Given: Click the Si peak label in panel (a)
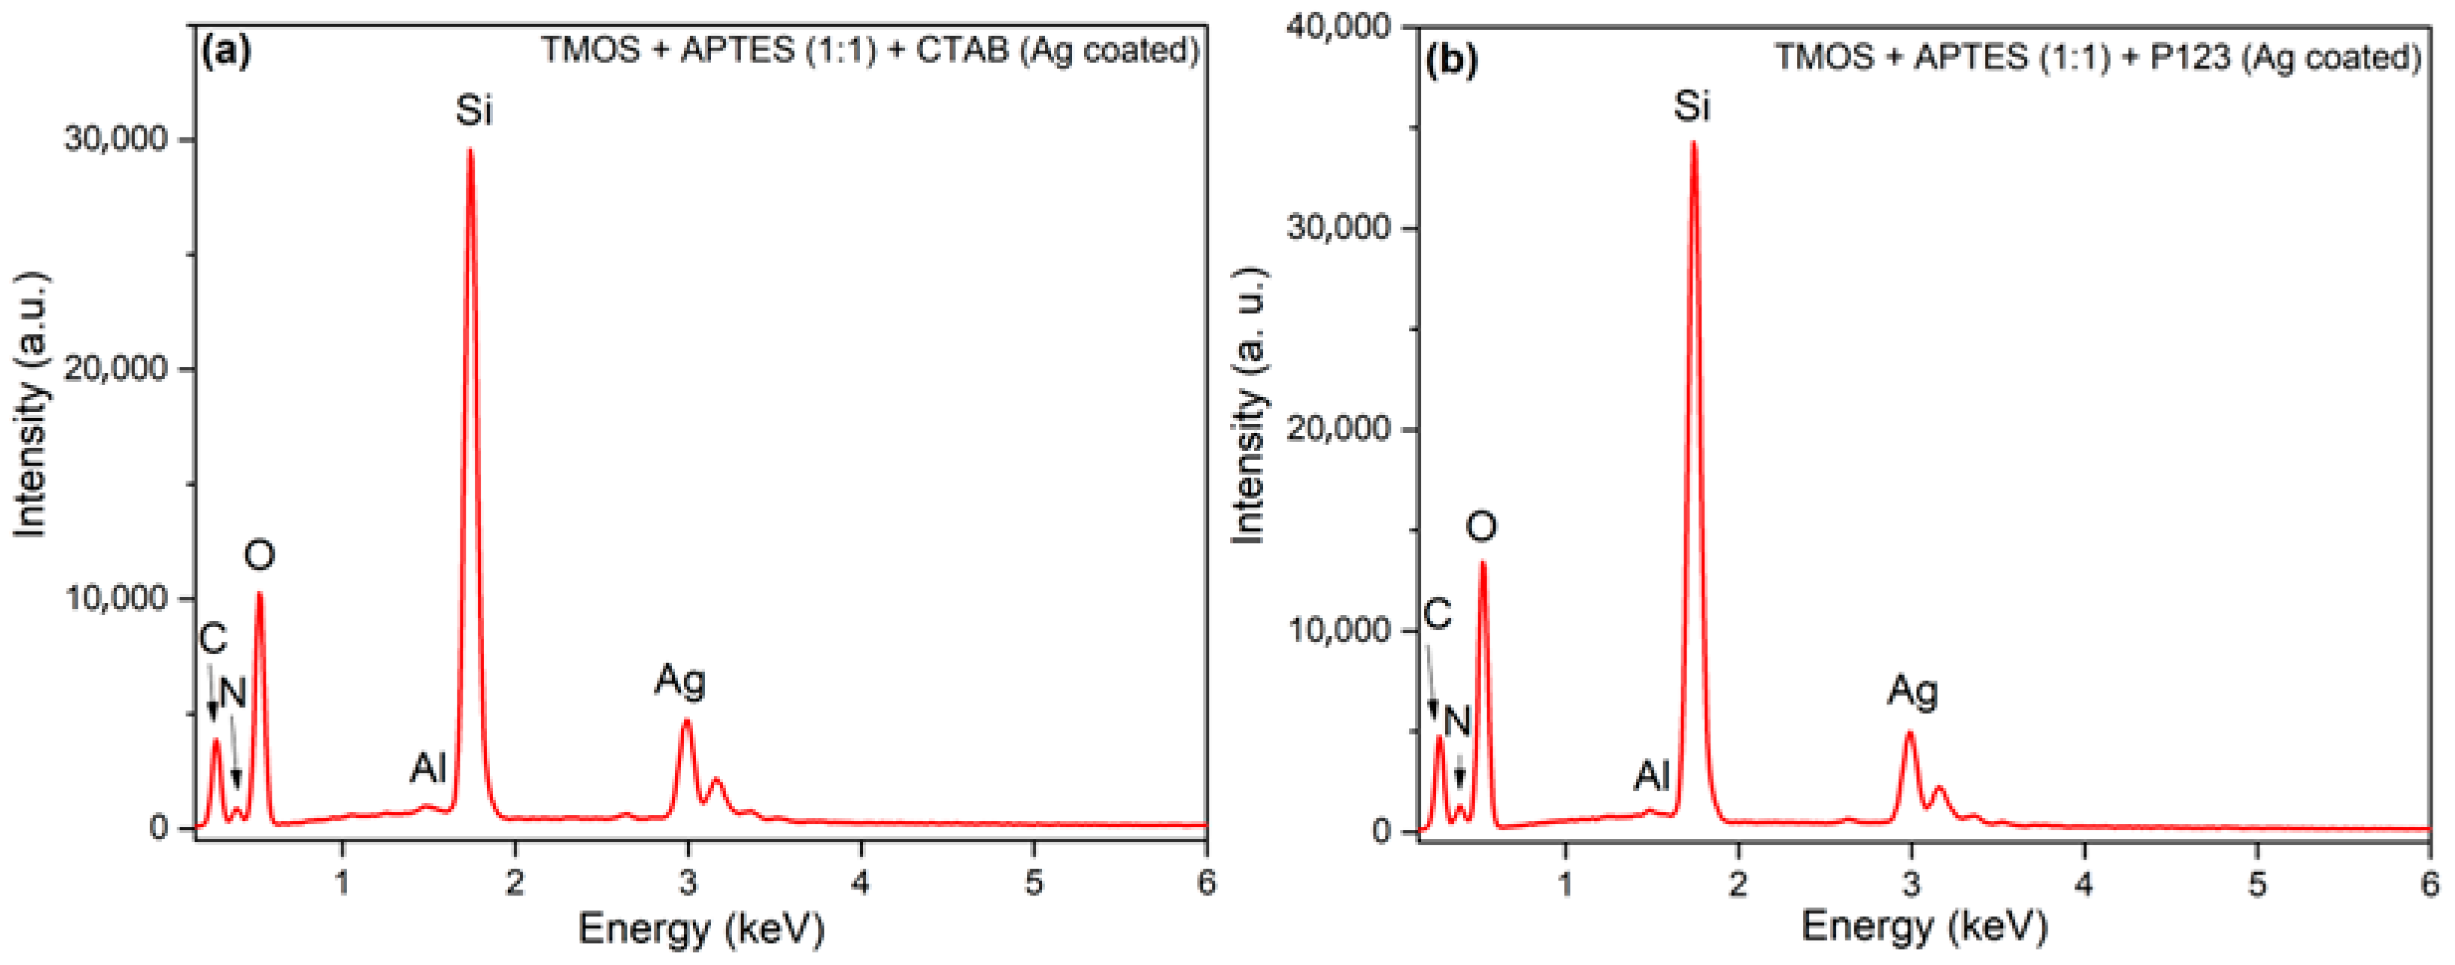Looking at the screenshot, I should point(474,110).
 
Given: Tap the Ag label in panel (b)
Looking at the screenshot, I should point(1912,690).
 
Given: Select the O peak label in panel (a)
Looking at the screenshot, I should point(259,555).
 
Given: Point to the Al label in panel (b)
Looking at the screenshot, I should point(1652,776).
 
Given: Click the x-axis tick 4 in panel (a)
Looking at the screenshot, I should point(861,882).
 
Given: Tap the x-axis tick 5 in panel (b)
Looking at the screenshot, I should point(2257,884).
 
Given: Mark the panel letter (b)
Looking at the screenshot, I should point(1452,59).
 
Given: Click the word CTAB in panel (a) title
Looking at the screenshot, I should point(962,49).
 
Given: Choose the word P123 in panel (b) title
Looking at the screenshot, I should point(2190,57).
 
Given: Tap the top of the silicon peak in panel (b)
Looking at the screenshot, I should point(1693,144).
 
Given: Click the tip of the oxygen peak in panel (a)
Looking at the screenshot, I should point(259,595).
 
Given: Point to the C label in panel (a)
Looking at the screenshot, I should point(213,639).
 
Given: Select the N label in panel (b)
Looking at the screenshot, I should point(1457,722).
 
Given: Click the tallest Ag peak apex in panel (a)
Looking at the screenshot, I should point(686,721).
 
